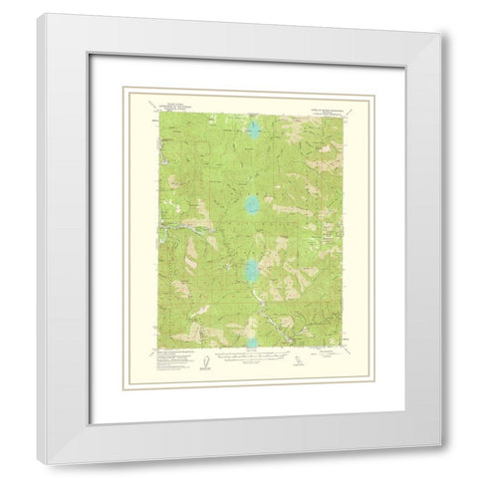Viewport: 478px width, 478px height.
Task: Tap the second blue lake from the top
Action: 249,206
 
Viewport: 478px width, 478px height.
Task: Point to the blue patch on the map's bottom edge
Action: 250,344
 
